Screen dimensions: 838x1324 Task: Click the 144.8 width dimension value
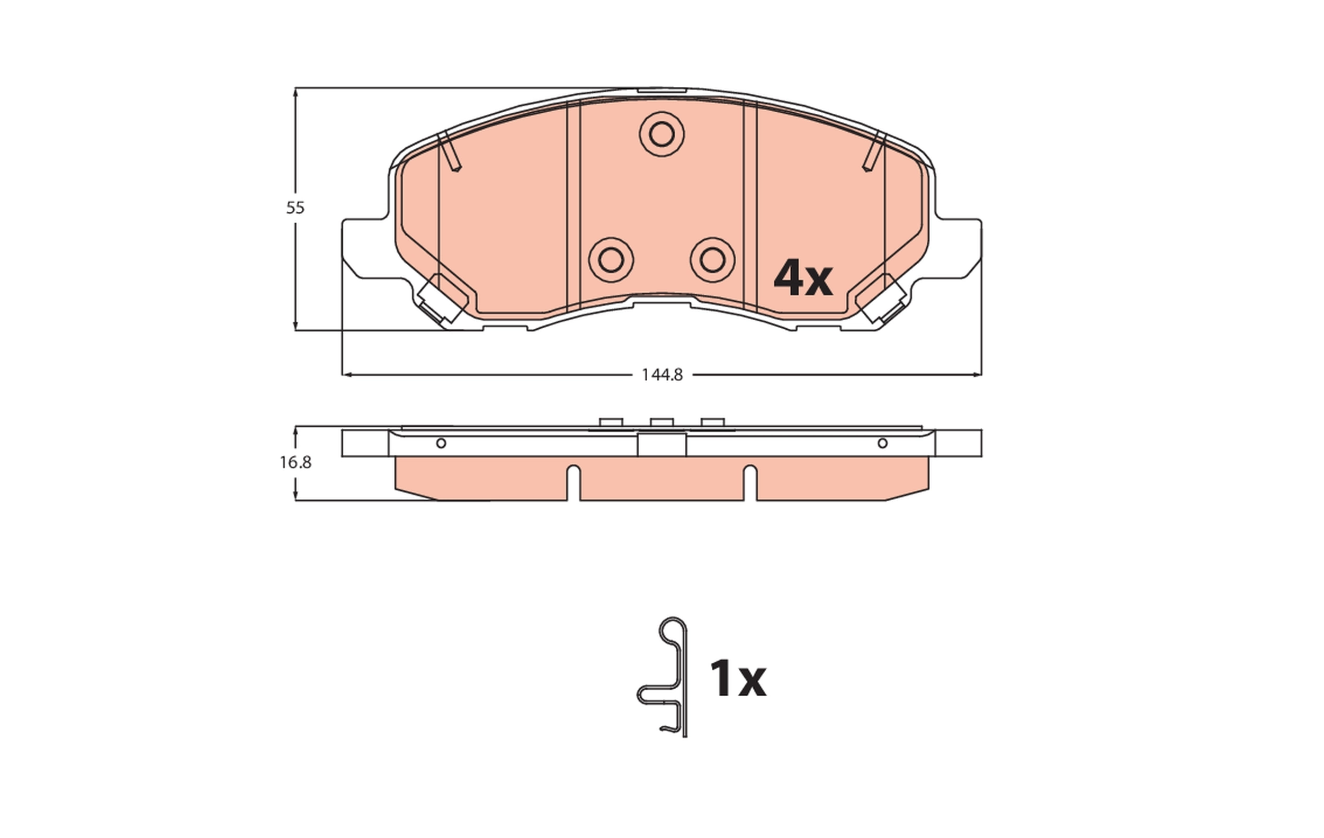click(662, 375)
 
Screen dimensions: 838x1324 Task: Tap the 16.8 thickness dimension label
click(296, 463)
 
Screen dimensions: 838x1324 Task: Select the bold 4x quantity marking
click(803, 278)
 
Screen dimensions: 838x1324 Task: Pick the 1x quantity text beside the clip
click(737, 679)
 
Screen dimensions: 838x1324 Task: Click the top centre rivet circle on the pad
click(661, 134)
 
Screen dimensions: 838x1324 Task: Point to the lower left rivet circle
click(611, 260)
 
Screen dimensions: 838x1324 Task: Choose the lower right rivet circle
click(713, 260)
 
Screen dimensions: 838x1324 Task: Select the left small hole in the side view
click(441, 443)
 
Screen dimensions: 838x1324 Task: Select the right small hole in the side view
click(882, 443)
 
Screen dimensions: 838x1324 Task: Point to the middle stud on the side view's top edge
click(661, 422)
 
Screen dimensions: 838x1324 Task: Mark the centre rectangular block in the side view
click(661, 445)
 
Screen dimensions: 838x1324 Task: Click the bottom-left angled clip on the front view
click(440, 300)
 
